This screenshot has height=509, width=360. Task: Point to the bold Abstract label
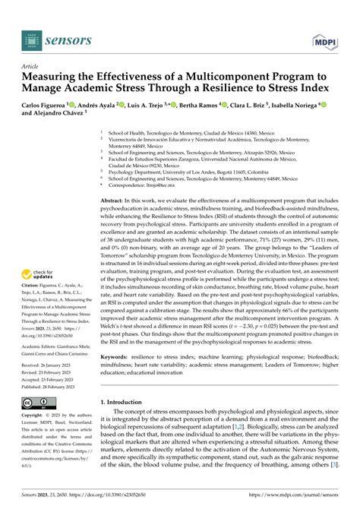pos(137,195)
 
